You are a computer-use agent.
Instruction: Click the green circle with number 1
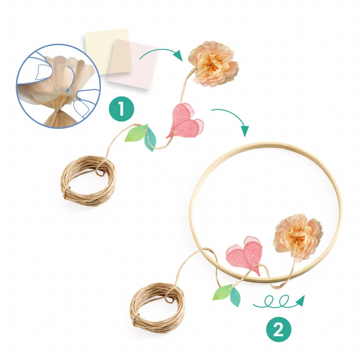click(x=121, y=109)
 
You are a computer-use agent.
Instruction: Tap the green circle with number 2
click(x=278, y=330)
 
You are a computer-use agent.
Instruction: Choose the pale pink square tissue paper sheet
click(x=133, y=64)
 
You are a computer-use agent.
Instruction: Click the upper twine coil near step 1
click(x=88, y=181)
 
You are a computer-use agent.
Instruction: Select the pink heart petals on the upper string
click(x=185, y=120)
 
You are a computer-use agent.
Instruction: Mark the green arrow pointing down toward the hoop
click(x=232, y=118)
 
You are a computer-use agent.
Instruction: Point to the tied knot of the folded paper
click(x=57, y=111)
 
